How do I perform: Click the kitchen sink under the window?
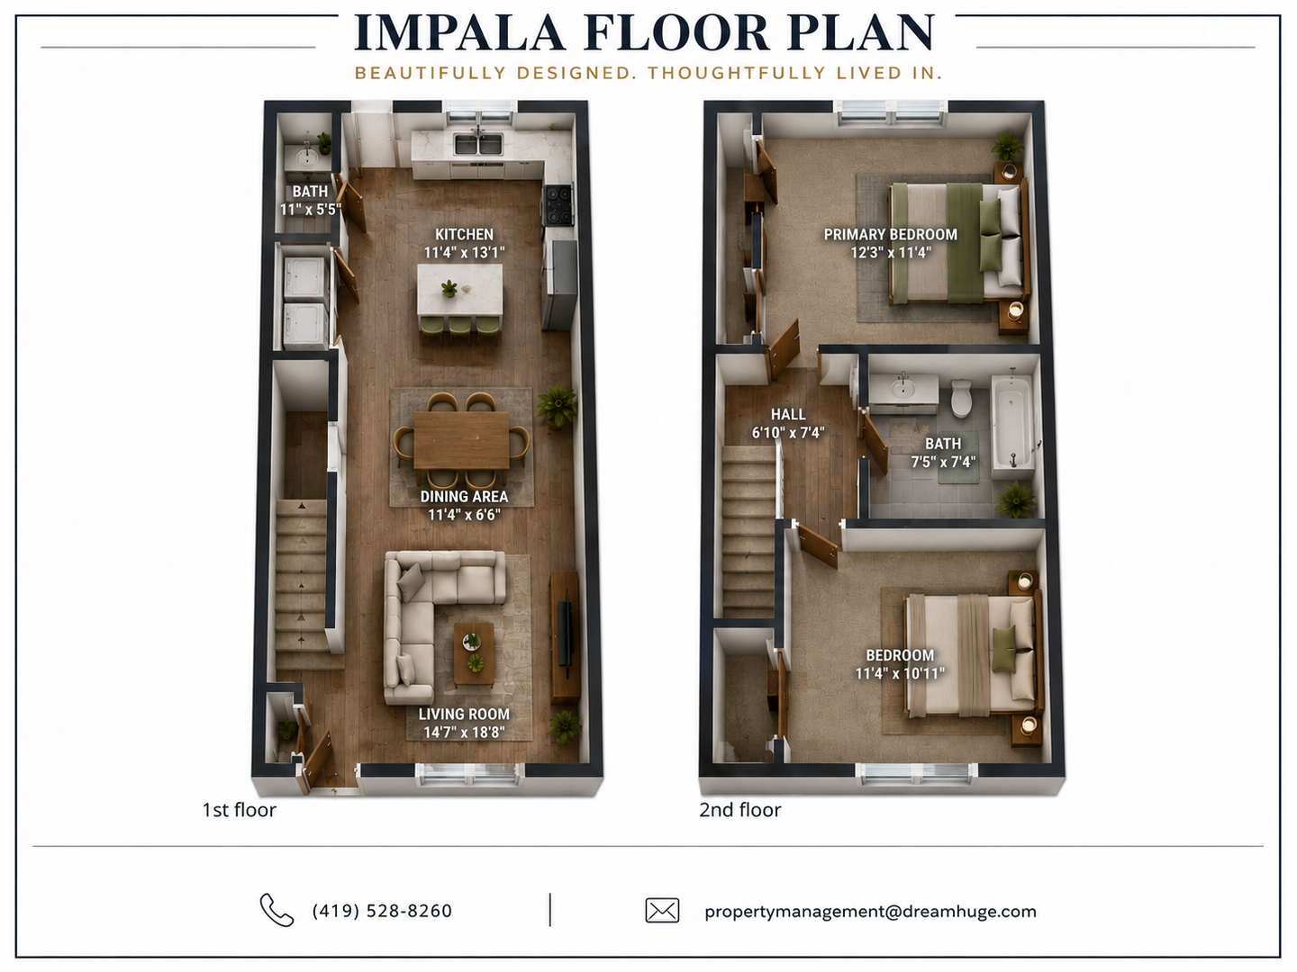pos(478,144)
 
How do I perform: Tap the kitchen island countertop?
pos(459,290)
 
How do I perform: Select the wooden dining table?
pos(461,440)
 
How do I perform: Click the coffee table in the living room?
pos(474,653)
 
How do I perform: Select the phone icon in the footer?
pos(277,909)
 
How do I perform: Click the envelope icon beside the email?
pos(662,910)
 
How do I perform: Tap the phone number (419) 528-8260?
pos(382,911)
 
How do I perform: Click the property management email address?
pos(870,911)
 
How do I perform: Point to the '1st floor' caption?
pos(240,810)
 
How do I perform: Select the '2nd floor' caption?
pos(739,810)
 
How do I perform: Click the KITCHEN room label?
pos(464,234)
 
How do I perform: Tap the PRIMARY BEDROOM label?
pos(891,234)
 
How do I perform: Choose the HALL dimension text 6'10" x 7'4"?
pos(787,433)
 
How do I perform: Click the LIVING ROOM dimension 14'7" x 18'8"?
pos(464,733)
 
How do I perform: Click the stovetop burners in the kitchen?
pos(558,205)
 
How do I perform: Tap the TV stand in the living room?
pos(566,636)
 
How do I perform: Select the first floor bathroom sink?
pos(306,157)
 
